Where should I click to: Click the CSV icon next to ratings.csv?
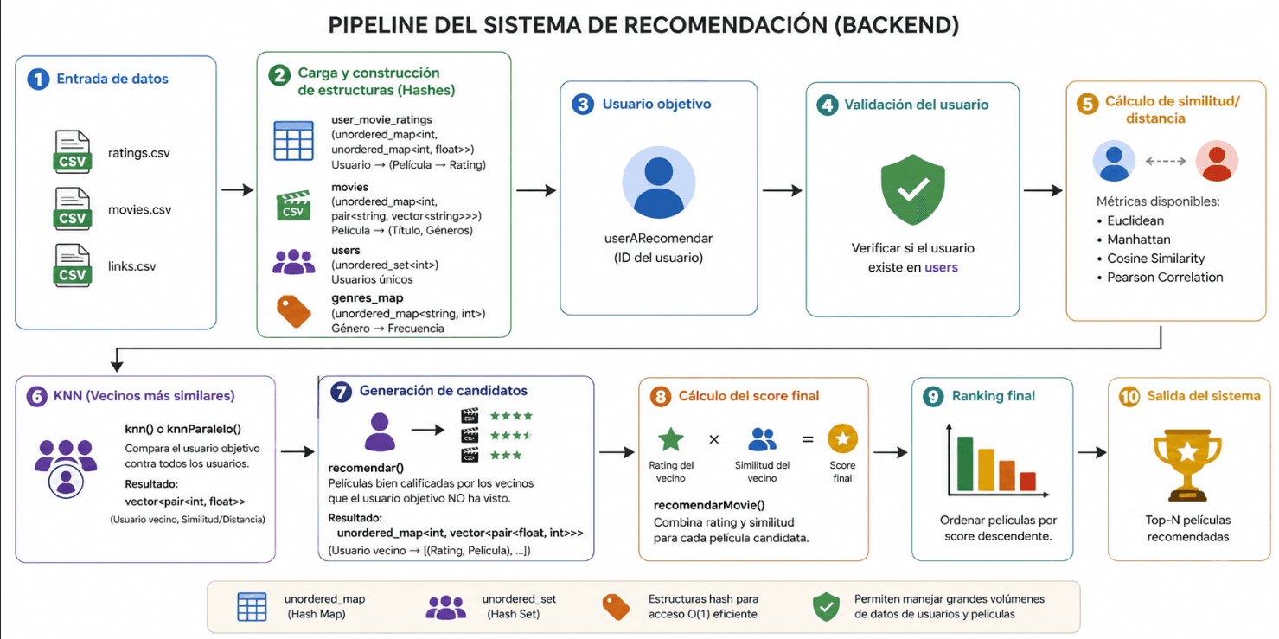click(x=72, y=151)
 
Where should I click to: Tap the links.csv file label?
click(x=132, y=266)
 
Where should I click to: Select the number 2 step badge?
click(x=279, y=75)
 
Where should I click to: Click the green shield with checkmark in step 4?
click(x=912, y=189)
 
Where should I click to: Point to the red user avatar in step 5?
click(x=1217, y=162)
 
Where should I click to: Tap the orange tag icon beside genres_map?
click(x=293, y=312)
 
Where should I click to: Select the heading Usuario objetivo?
click(x=656, y=104)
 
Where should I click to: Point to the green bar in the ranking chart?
click(x=965, y=463)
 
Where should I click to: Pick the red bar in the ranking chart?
click(x=1027, y=482)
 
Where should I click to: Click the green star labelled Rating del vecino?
click(x=671, y=440)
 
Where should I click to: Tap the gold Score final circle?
click(x=842, y=438)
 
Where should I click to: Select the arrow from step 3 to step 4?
click(x=783, y=190)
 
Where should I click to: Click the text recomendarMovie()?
click(x=709, y=505)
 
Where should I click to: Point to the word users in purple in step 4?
click(x=941, y=267)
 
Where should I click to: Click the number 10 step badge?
click(x=1129, y=396)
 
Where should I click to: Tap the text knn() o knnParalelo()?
click(x=182, y=429)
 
